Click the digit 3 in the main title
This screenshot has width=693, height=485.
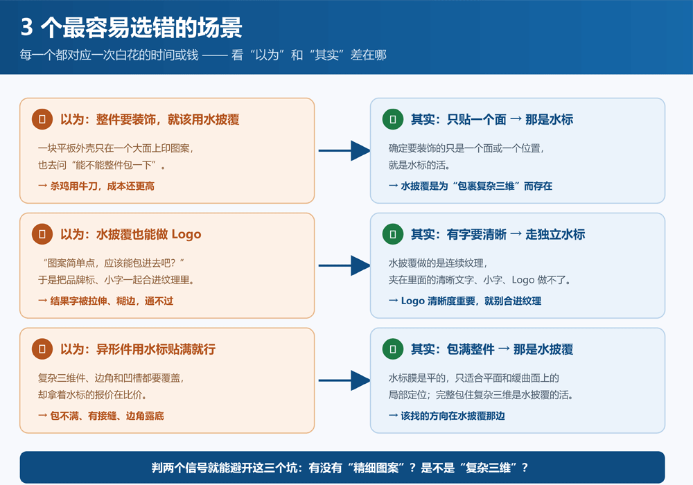point(27,28)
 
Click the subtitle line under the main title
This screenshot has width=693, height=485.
point(203,55)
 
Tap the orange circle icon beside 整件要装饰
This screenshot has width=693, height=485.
point(42,119)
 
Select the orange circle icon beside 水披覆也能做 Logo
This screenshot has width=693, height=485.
point(42,234)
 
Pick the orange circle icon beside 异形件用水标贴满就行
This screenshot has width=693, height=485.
point(42,349)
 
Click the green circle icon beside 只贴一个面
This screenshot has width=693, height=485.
point(393,119)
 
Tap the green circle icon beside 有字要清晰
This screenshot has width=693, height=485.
point(393,234)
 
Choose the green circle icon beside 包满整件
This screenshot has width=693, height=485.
point(393,349)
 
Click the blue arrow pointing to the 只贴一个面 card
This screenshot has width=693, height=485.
point(344,150)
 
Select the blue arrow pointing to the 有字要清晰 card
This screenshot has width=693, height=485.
point(344,265)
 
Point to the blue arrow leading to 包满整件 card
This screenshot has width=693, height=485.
point(344,380)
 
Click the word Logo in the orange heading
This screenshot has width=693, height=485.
point(186,235)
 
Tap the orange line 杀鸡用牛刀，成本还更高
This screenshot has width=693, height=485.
point(96,186)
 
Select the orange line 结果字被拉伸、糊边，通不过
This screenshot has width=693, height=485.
point(105,301)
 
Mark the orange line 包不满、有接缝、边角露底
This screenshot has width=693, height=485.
point(101,416)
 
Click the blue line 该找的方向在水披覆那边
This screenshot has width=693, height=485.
point(447,416)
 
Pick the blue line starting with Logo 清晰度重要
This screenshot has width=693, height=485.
point(465,301)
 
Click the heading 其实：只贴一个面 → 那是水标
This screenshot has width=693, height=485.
point(492,119)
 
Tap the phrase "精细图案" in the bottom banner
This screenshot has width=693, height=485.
point(376,467)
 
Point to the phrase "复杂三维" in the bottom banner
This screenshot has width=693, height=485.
point(488,467)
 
